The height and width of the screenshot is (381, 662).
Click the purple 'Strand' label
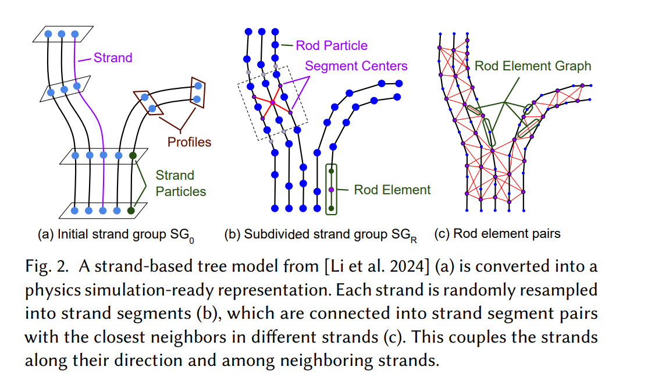pos(113,58)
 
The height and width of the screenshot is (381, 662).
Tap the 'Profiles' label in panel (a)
pos(189,142)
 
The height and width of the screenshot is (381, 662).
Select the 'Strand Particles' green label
pos(180,183)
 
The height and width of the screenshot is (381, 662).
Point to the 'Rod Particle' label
pos(332,45)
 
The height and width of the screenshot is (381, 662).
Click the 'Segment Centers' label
pos(356,66)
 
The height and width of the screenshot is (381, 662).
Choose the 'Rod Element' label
pos(393,190)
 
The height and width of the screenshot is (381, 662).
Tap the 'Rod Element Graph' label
pos(533,66)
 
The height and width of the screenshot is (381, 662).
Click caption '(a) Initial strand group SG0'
pos(116,235)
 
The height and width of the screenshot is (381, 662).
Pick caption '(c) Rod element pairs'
pos(497,234)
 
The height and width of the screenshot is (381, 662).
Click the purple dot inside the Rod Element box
pos(332,190)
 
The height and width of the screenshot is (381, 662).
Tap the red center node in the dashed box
pos(272,102)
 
